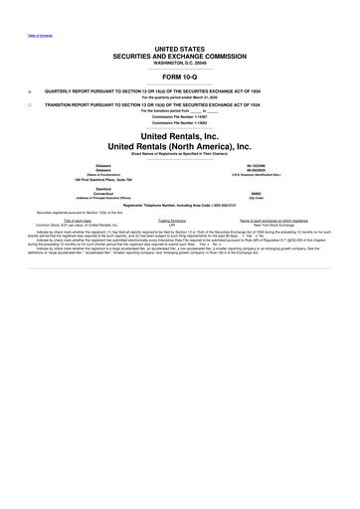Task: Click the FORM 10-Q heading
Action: [x=180, y=77]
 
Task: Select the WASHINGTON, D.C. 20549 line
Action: [x=180, y=64]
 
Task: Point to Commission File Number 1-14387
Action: [x=180, y=115]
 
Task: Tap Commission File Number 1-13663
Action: [x=180, y=122]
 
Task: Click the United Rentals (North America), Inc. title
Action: [x=180, y=146]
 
